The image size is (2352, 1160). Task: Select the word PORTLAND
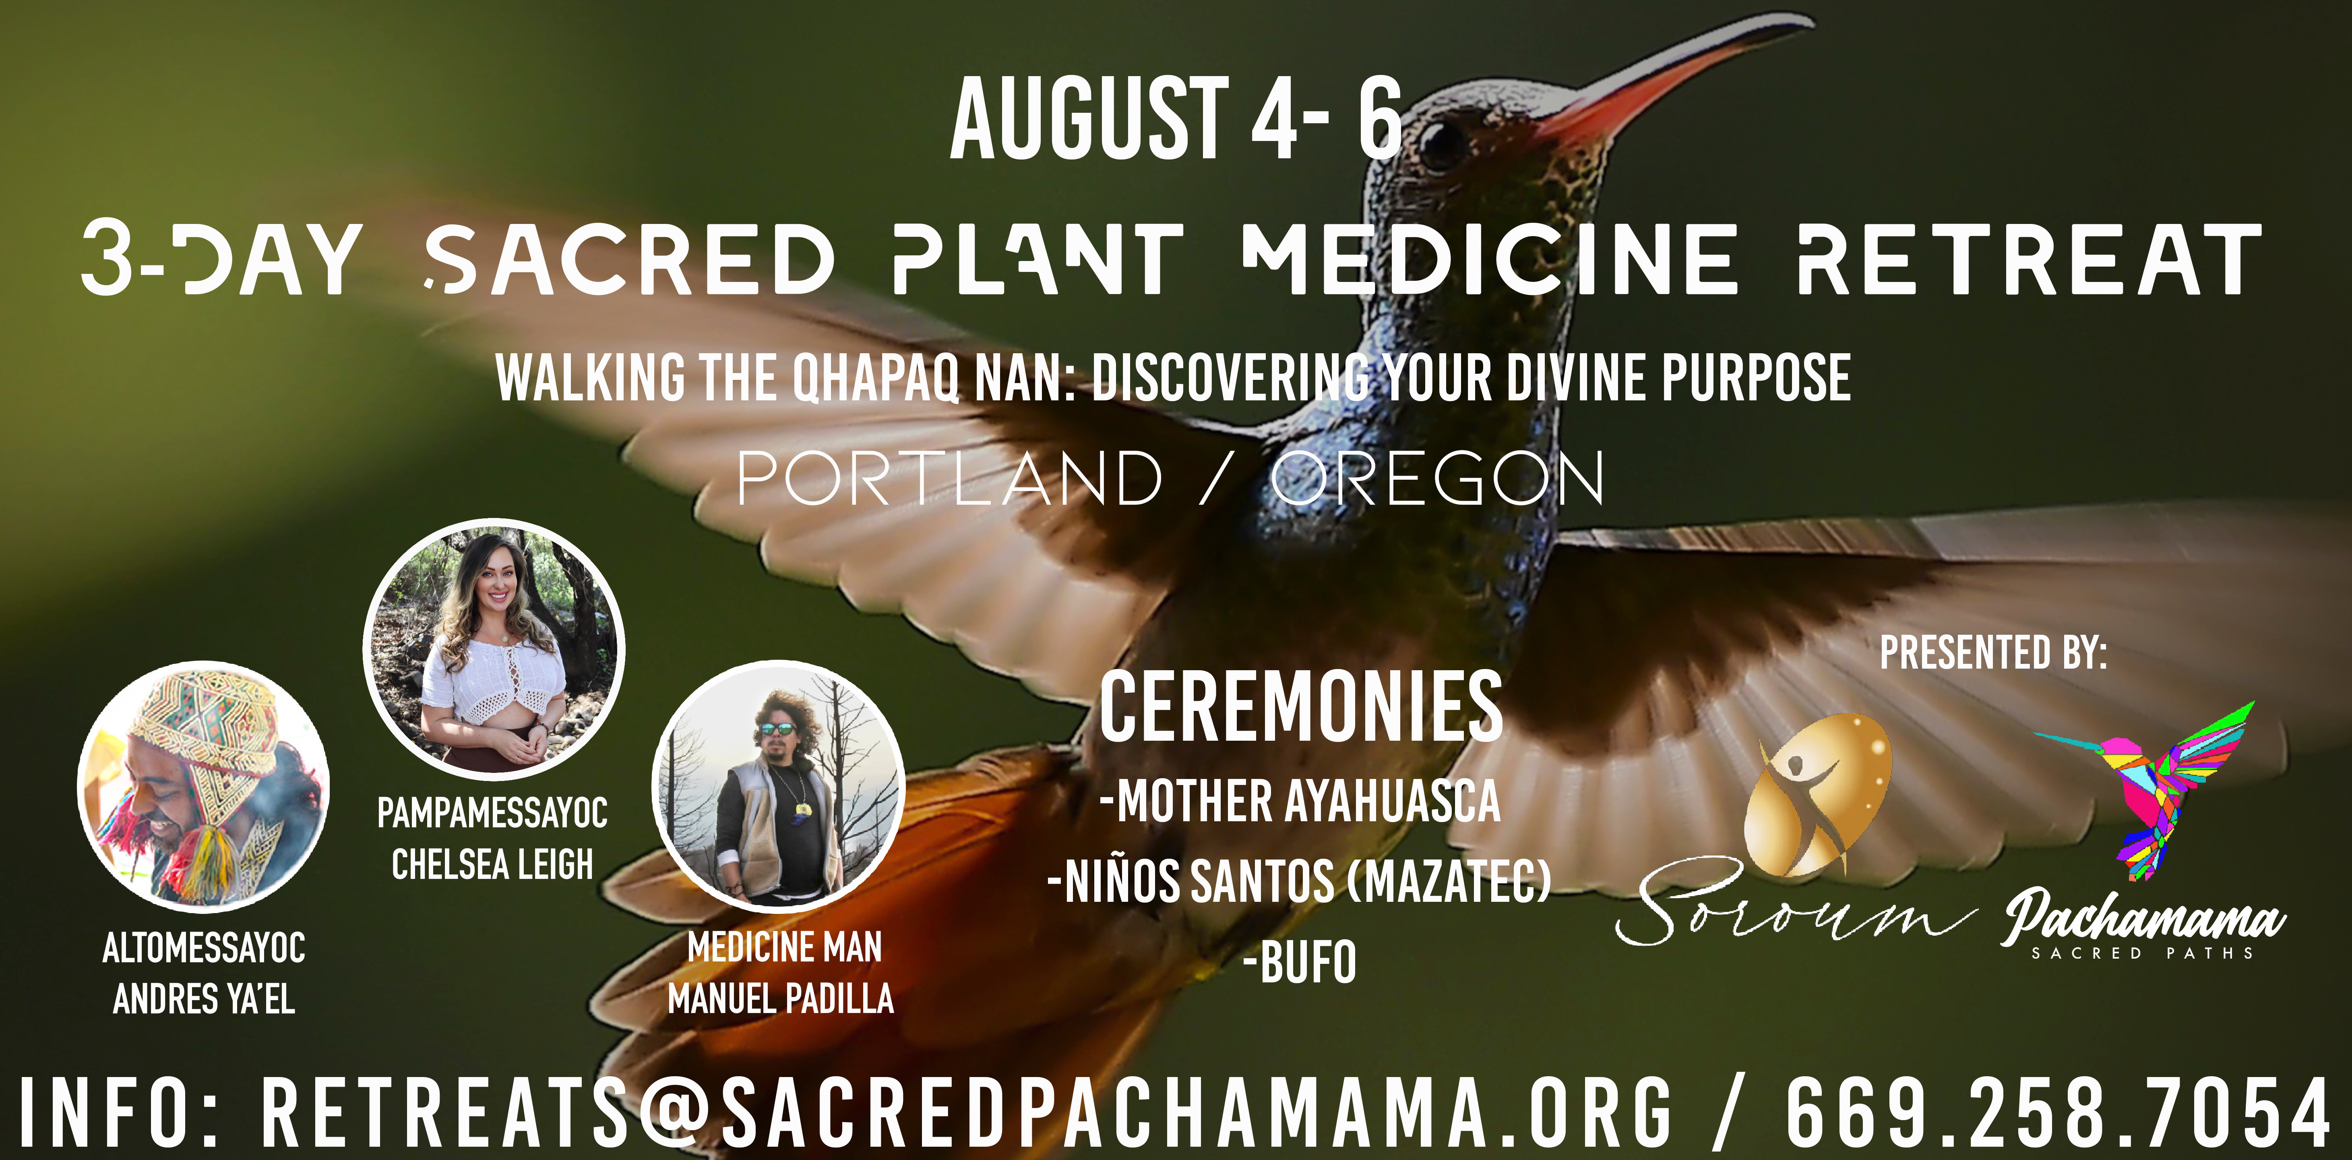tap(950, 478)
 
